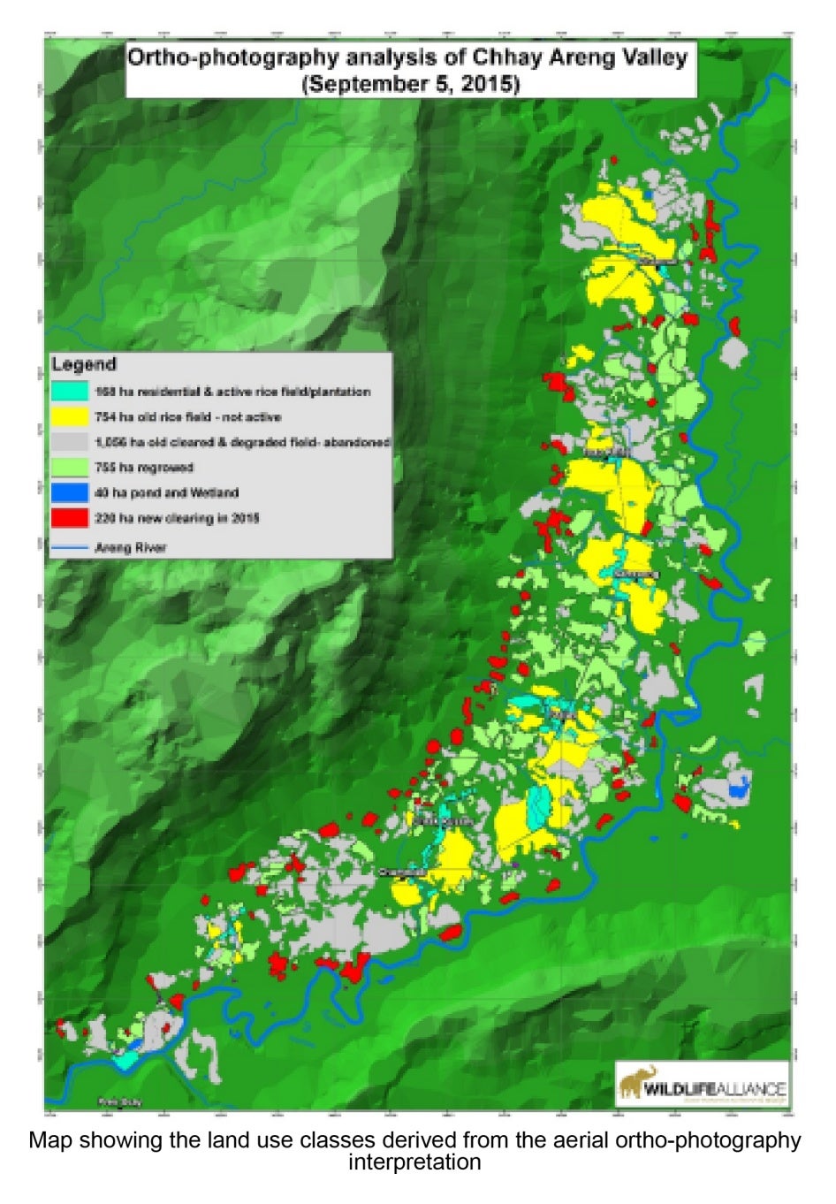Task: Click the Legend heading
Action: pyautogui.click(x=83, y=364)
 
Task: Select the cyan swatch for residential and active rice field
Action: pyautogui.click(x=70, y=391)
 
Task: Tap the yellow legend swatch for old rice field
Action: pyautogui.click(x=70, y=416)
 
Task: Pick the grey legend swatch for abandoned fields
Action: pyautogui.click(x=70, y=442)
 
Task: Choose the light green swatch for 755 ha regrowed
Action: pyautogui.click(x=70, y=468)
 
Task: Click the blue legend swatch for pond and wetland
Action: pyautogui.click(x=70, y=492)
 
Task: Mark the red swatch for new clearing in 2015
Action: pyautogui.click(x=70, y=518)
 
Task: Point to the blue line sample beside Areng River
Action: pyautogui.click(x=70, y=547)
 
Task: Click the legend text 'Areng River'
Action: pyautogui.click(x=130, y=547)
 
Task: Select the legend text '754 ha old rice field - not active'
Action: pyautogui.click(x=187, y=416)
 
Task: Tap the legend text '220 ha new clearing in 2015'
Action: pyautogui.click(x=177, y=518)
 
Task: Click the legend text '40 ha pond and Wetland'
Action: pyautogui.click(x=166, y=492)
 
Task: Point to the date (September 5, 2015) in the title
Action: pyautogui.click(x=411, y=84)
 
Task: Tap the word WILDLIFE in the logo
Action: pyautogui.click(x=679, y=1089)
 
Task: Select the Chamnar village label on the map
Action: pyautogui.click(x=402, y=873)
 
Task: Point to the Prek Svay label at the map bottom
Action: pyautogui.click(x=119, y=1102)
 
